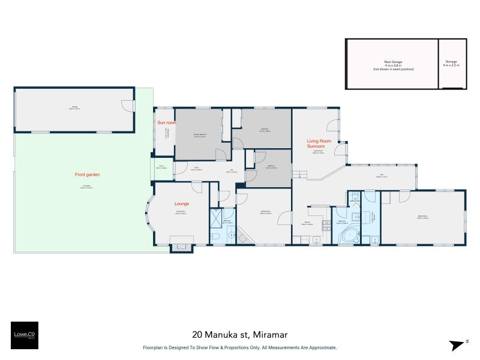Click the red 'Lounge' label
point(182,203)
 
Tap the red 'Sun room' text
point(166,122)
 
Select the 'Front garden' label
point(87,175)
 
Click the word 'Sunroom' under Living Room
point(316,146)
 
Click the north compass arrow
point(458,344)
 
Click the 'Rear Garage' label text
point(393,61)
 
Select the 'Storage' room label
point(451,62)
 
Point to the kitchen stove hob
point(326,226)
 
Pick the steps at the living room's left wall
point(299,174)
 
